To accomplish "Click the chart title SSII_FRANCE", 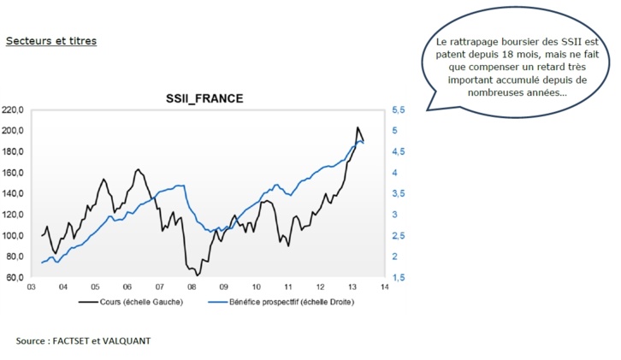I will (x=204, y=98).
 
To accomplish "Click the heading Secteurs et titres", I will (x=50, y=40).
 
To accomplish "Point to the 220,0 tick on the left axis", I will (x=15, y=110).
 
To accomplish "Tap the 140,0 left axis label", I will (x=15, y=194).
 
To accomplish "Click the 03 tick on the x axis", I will (x=31, y=287).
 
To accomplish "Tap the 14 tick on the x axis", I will (x=384, y=287).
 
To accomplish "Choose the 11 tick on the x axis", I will (x=288, y=287).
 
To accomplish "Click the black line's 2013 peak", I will (x=357, y=127).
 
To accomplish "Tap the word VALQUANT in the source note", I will (x=127, y=340).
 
